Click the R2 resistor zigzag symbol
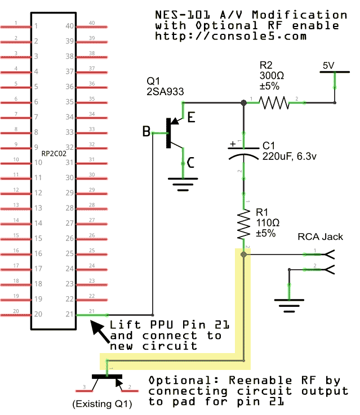click(x=274, y=102)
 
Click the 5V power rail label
click(x=328, y=66)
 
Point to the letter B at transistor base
click(x=146, y=132)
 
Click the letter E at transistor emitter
click(x=191, y=118)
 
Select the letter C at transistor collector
click(x=191, y=163)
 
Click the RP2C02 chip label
click(x=54, y=153)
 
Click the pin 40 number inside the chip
click(x=70, y=26)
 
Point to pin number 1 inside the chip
click(x=36, y=26)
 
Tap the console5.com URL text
click(x=230, y=36)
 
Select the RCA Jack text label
click(x=320, y=236)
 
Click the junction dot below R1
click(x=243, y=255)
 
